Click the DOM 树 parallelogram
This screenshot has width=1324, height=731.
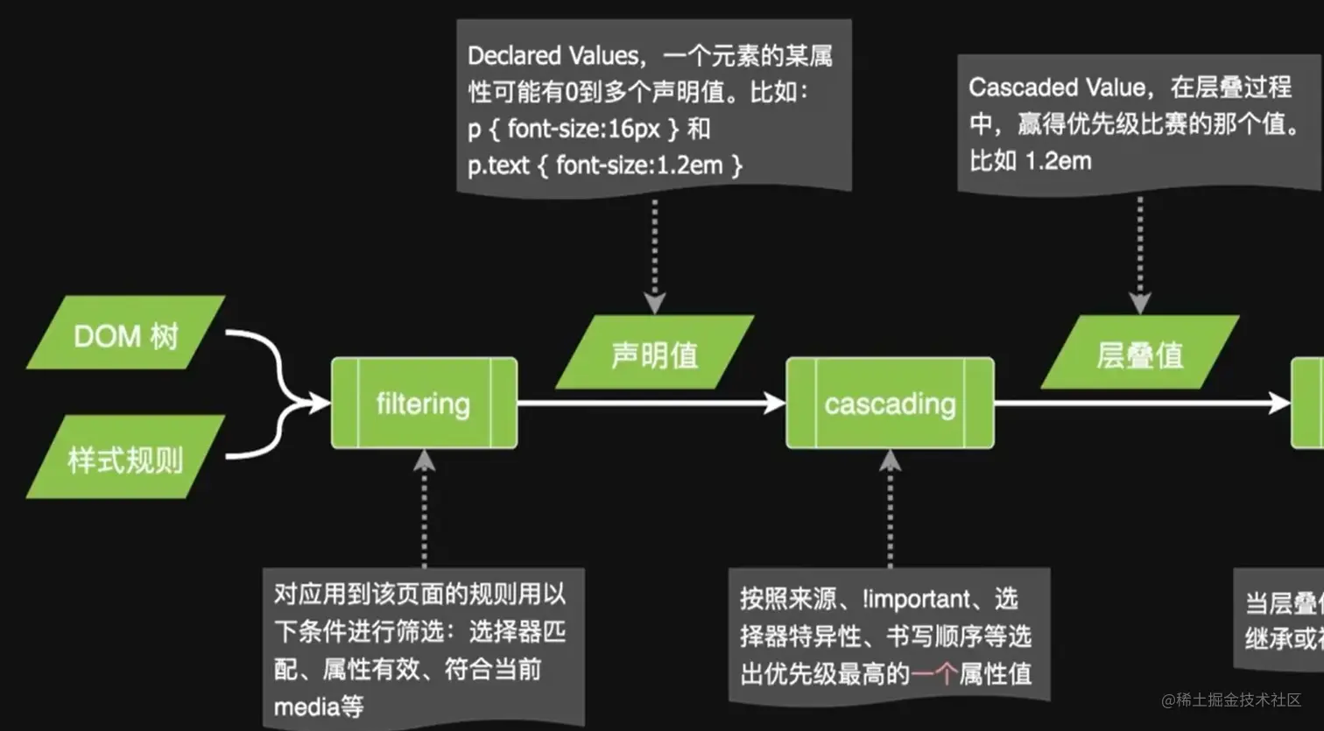pyautogui.click(x=125, y=334)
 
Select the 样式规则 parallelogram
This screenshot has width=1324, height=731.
pyautogui.click(x=125, y=458)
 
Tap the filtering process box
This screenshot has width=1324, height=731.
pyautogui.click(x=424, y=404)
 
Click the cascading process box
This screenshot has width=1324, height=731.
pyautogui.click(x=890, y=404)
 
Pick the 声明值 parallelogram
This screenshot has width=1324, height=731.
pyautogui.click(x=654, y=354)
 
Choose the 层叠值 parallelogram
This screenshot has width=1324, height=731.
pyautogui.click(x=1139, y=354)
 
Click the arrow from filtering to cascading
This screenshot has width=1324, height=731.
pyautogui.click(x=651, y=403)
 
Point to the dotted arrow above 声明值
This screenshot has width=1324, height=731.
pyautogui.click(x=654, y=254)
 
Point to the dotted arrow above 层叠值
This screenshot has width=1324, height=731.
pyautogui.click(x=1139, y=254)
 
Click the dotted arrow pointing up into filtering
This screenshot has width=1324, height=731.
pyautogui.click(x=424, y=508)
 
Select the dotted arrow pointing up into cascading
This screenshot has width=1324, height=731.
pyautogui.click(x=890, y=508)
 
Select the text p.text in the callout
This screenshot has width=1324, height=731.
pyautogui.click(x=497, y=165)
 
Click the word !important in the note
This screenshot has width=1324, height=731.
pyautogui.click(x=916, y=599)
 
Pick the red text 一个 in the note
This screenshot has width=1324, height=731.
pyautogui.click(x=933, y=674)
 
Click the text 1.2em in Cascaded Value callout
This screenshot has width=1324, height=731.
pyautogui.click(x=1058, y=161)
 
